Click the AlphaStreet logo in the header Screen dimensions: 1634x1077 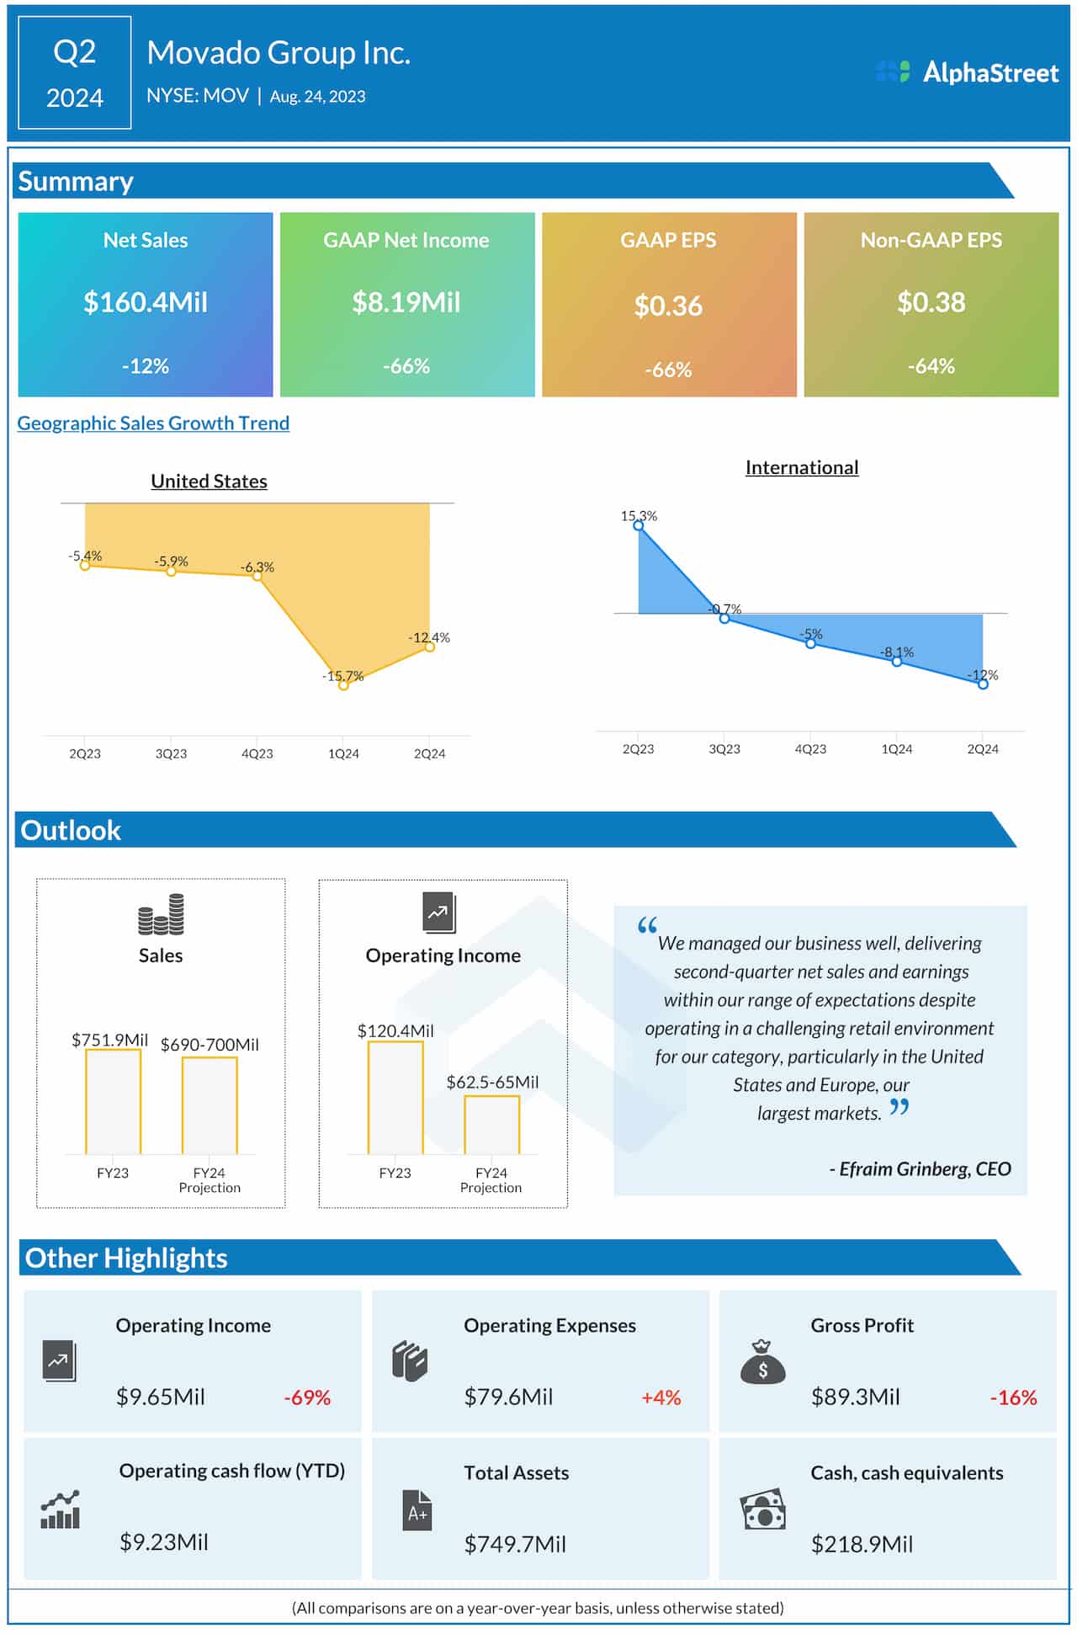[x=967, y=72]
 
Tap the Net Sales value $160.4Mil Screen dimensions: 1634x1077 [x=146, y=302]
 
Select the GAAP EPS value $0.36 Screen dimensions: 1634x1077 [x=668, y=306]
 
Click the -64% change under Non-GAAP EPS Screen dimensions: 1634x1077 [x=931, y=366]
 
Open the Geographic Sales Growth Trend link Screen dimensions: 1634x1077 [x=153, y=423]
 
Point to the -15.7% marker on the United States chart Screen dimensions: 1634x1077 [x=343, y=685]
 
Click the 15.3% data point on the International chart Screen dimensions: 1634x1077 [x=639, y=525]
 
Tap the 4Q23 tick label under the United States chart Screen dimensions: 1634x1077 [x=257, y=753]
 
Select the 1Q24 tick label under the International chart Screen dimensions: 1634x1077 [x=896, y=749]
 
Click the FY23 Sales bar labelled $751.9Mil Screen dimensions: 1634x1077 [x=113, y=1101]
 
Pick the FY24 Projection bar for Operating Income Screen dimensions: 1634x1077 [x=491, y=1125]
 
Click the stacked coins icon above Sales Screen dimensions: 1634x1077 [x=161, y=915]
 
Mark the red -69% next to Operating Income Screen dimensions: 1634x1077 [x=307, y=1398]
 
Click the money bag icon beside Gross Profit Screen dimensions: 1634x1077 [x=762, y=1362]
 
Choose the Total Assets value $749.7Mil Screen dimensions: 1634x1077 [x=515, y=1544]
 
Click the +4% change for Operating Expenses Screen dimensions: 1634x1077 [x=661, y=1398]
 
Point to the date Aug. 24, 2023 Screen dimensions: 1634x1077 [x=317, y=97]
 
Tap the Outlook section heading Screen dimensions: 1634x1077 [x=71, y=830]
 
